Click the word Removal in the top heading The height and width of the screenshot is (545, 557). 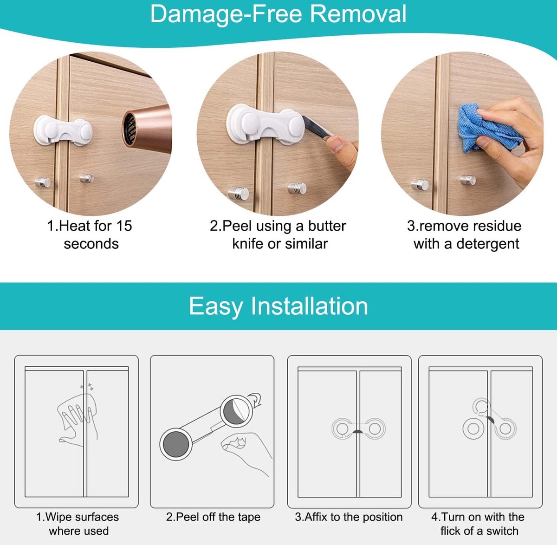point(358,14)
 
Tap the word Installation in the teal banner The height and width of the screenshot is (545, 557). point(309,306)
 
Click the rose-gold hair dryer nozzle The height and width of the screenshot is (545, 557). point(147,129)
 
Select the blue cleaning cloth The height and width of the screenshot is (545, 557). point(486,128)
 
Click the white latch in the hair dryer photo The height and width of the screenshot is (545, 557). point(63,130)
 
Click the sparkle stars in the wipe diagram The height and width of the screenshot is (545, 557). point(87,387)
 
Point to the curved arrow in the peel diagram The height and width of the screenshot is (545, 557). point(255,399)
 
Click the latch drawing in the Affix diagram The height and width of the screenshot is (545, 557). point(358,428)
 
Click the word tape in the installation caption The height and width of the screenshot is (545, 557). point(249,517)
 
